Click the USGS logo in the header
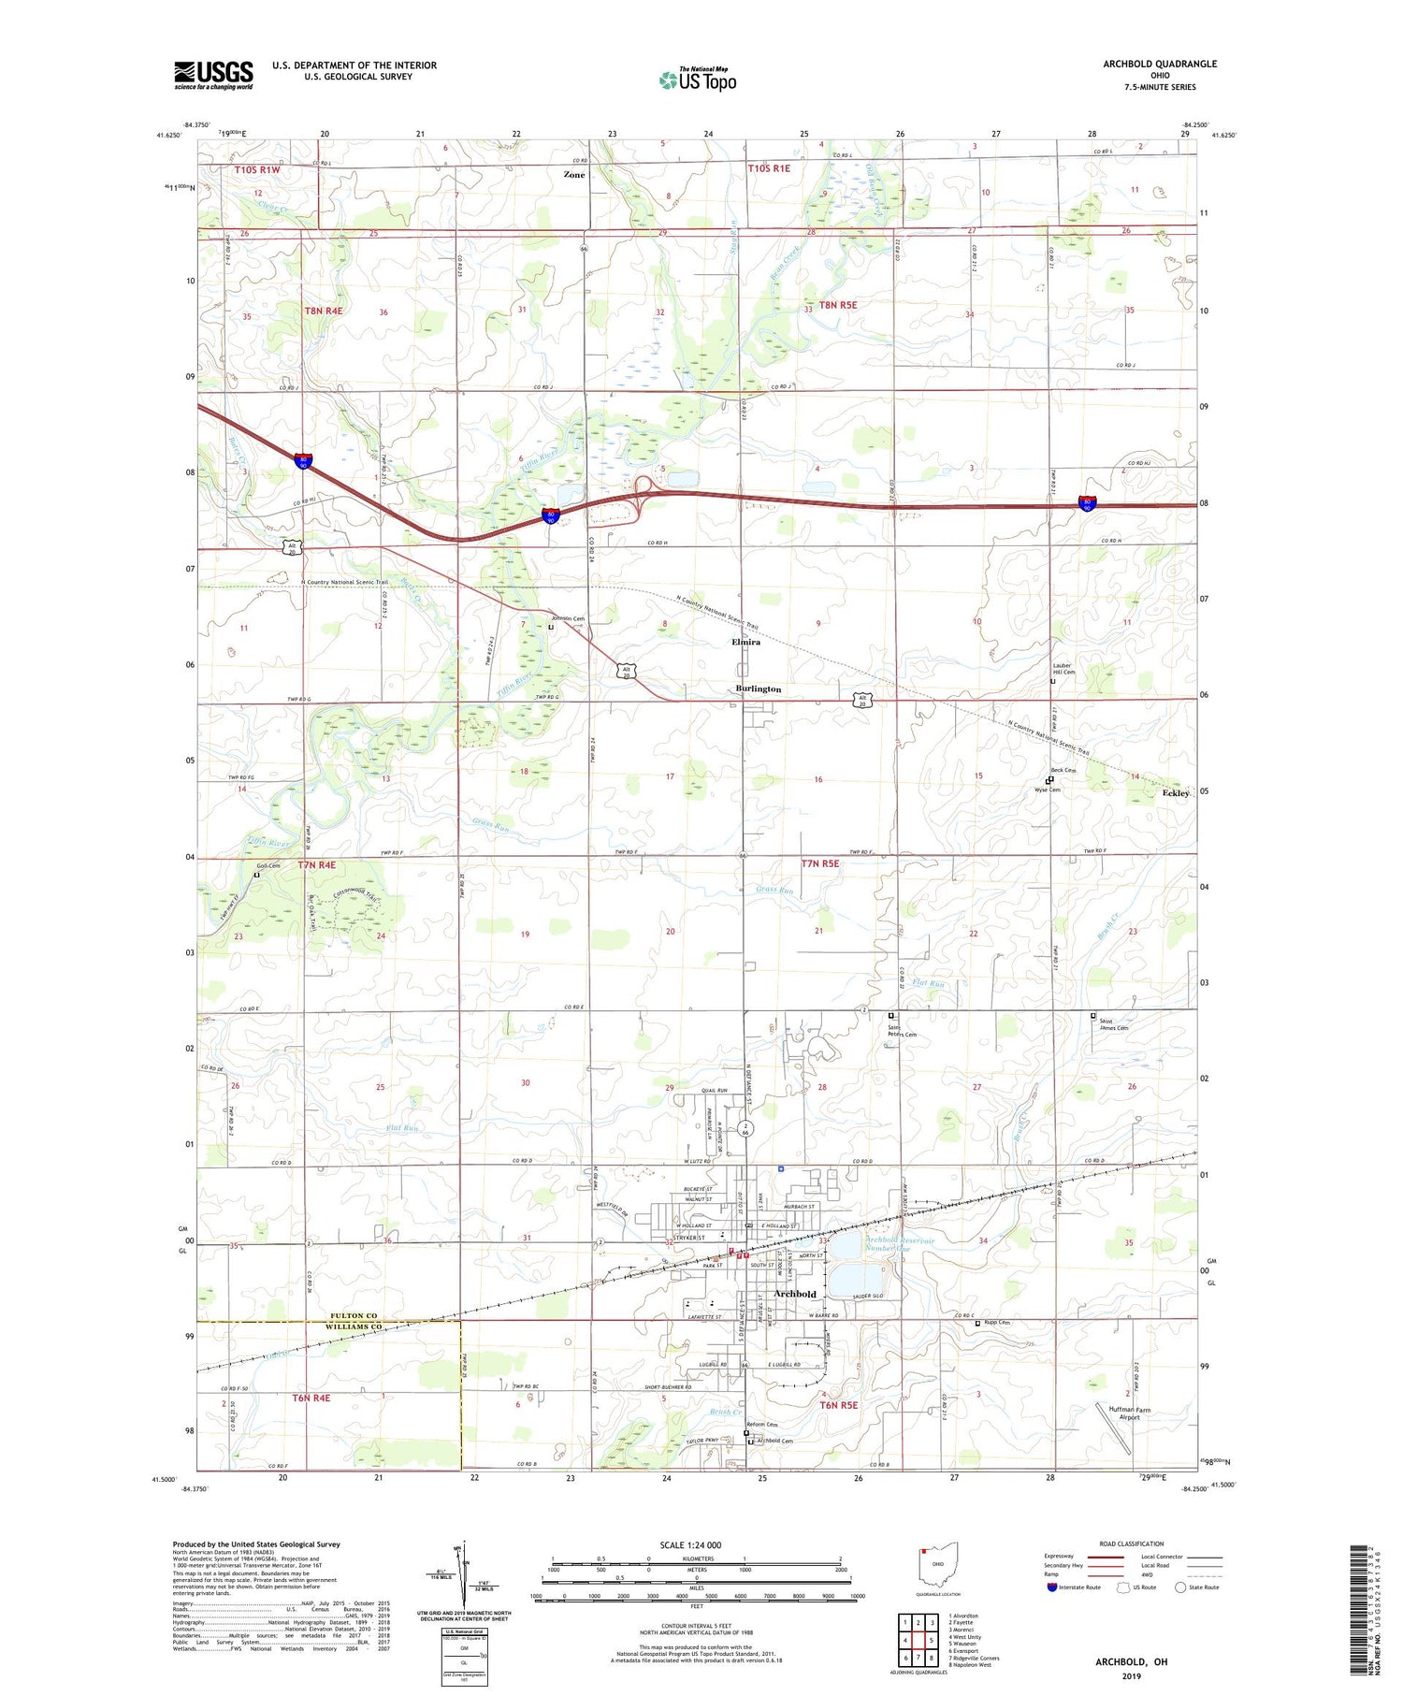[x=213, y=75]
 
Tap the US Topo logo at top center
[x=697, y=80]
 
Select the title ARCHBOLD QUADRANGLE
[x=1159, y=64]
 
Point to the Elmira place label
[x=745, y=643]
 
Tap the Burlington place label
[x=758, y=689]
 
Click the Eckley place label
[x=1175, y=793]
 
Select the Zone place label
[x=574, y=175]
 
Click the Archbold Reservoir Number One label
[x=875, y=1244]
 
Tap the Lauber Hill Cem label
[x=1063, y=669]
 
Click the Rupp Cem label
[x=996, y=1323]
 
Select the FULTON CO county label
[x=354, y=1316]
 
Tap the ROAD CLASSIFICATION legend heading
[x=1131, y=1544]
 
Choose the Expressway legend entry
[x=1063, y=1557]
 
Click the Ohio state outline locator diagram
[x=938, y=1567]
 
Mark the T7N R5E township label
[x=819, y=864]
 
